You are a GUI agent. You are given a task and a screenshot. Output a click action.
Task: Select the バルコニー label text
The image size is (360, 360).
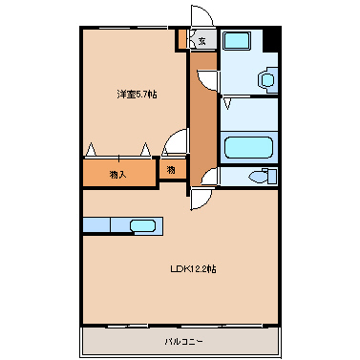pos(181,341)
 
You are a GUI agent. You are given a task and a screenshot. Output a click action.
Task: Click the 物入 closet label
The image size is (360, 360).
pos(118,174)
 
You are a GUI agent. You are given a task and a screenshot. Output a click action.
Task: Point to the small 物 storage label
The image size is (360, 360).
pos(170,170)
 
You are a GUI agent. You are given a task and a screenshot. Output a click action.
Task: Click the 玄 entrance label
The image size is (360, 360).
pos(202,39)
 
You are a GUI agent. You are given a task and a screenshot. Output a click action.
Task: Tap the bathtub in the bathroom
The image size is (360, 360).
pos(248,147)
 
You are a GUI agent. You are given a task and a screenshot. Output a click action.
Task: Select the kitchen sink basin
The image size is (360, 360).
pos(142,226)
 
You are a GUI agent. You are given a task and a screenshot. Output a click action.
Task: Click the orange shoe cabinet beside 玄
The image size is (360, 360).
pos(180,39)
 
